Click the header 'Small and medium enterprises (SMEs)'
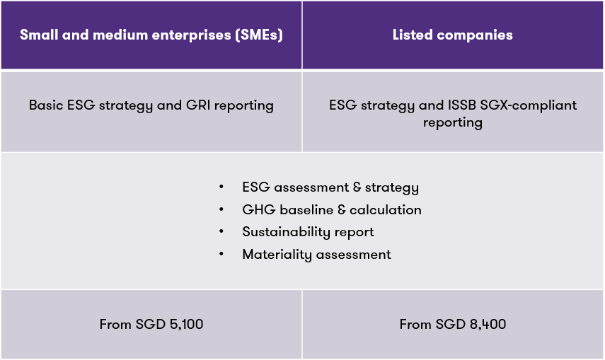pyautogui.click(x=151, y=35)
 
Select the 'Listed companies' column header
pyautogui.click(x=453, y=35)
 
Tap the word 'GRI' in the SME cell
pyautogui.click(x=196, y=105)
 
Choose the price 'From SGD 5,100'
pyautogui.click(x=151, y=325)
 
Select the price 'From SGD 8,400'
pyautogui.click(x=453, y=325)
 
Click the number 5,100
pyautogui.click(x=185, y=325)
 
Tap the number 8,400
pyautogui.click(x=486, y=325)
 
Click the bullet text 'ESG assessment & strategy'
pyautogui.click(x=330, y=187)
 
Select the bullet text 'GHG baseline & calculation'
pyautogui.click(x=332, y=210)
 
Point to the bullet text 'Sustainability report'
pyautogui.click(x=308, y=232)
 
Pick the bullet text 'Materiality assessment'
pyautogui.click(x=316, y=255)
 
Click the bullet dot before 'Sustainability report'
pyautogui.click(x=222, y=232)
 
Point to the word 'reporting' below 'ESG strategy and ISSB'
pyautogui.click(x=453, y=122)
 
